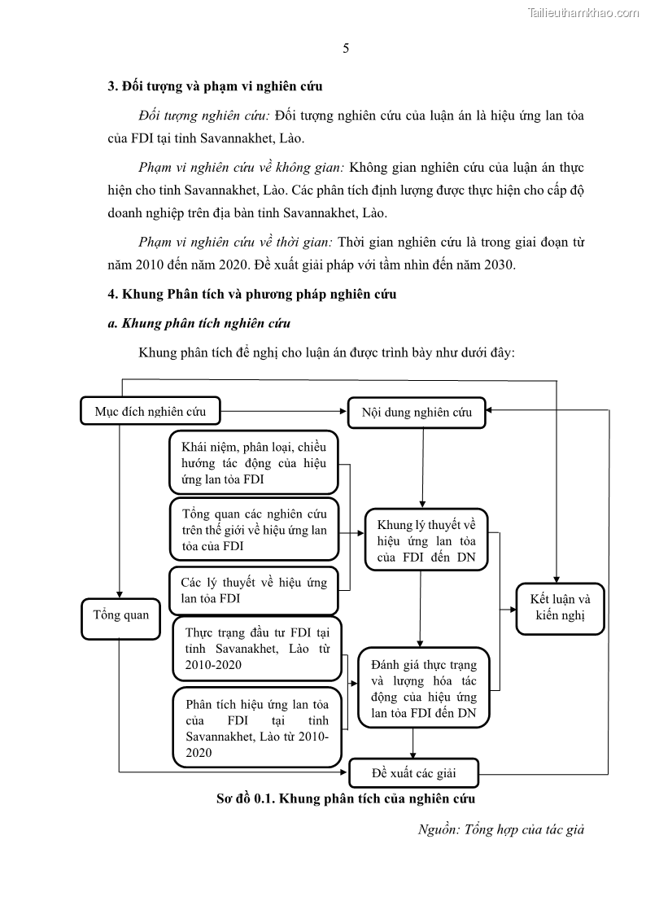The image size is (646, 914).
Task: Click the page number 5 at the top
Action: point(346,48)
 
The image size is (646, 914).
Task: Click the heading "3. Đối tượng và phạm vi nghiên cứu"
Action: point(216,85)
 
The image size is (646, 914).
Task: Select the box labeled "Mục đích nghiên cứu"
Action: point(151,411)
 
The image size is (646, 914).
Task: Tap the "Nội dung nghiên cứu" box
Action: point(417,412)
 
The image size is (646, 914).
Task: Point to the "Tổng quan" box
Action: point(121,614)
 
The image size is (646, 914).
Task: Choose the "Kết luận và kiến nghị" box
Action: point(561,608)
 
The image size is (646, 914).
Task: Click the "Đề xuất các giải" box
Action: point(413,772)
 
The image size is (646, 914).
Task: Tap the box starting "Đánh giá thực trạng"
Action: point(423,688)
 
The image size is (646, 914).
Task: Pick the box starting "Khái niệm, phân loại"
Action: point(254,462)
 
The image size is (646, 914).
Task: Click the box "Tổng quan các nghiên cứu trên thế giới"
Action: point(254,530)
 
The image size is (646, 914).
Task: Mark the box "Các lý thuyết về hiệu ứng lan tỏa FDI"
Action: point(254,590)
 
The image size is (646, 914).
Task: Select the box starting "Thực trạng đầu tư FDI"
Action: point(257,648)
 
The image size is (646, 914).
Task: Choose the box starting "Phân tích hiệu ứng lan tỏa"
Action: point(257,728)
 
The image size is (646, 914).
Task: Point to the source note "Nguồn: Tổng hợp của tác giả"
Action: point(501,829)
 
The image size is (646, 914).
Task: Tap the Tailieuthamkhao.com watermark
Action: point(583,12)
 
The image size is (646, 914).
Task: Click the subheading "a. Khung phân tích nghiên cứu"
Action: point(199,323)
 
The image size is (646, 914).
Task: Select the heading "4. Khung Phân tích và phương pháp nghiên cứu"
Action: point(252,294)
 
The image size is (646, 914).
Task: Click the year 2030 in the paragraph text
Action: point(497,265)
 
